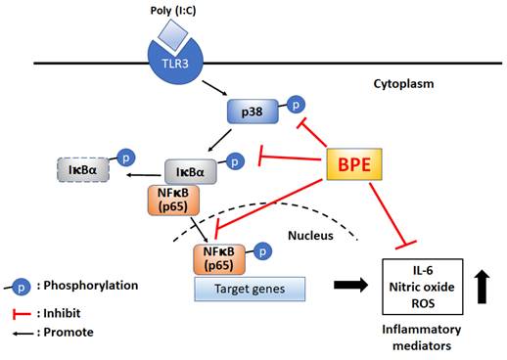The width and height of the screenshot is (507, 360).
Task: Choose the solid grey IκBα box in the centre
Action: (x=190, y=172)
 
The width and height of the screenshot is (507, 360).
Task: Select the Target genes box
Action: (x=249, y=288)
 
